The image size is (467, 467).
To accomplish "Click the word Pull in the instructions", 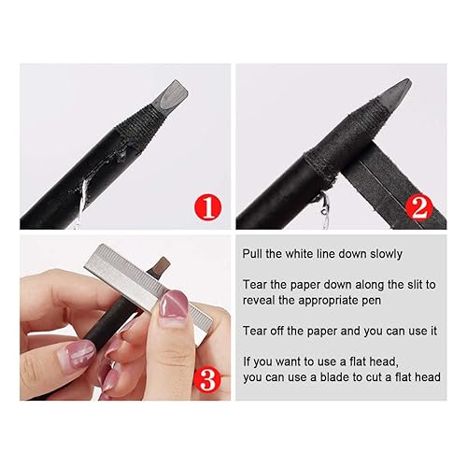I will tap(253, 255).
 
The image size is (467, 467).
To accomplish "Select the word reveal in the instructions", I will tap(262, 300).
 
